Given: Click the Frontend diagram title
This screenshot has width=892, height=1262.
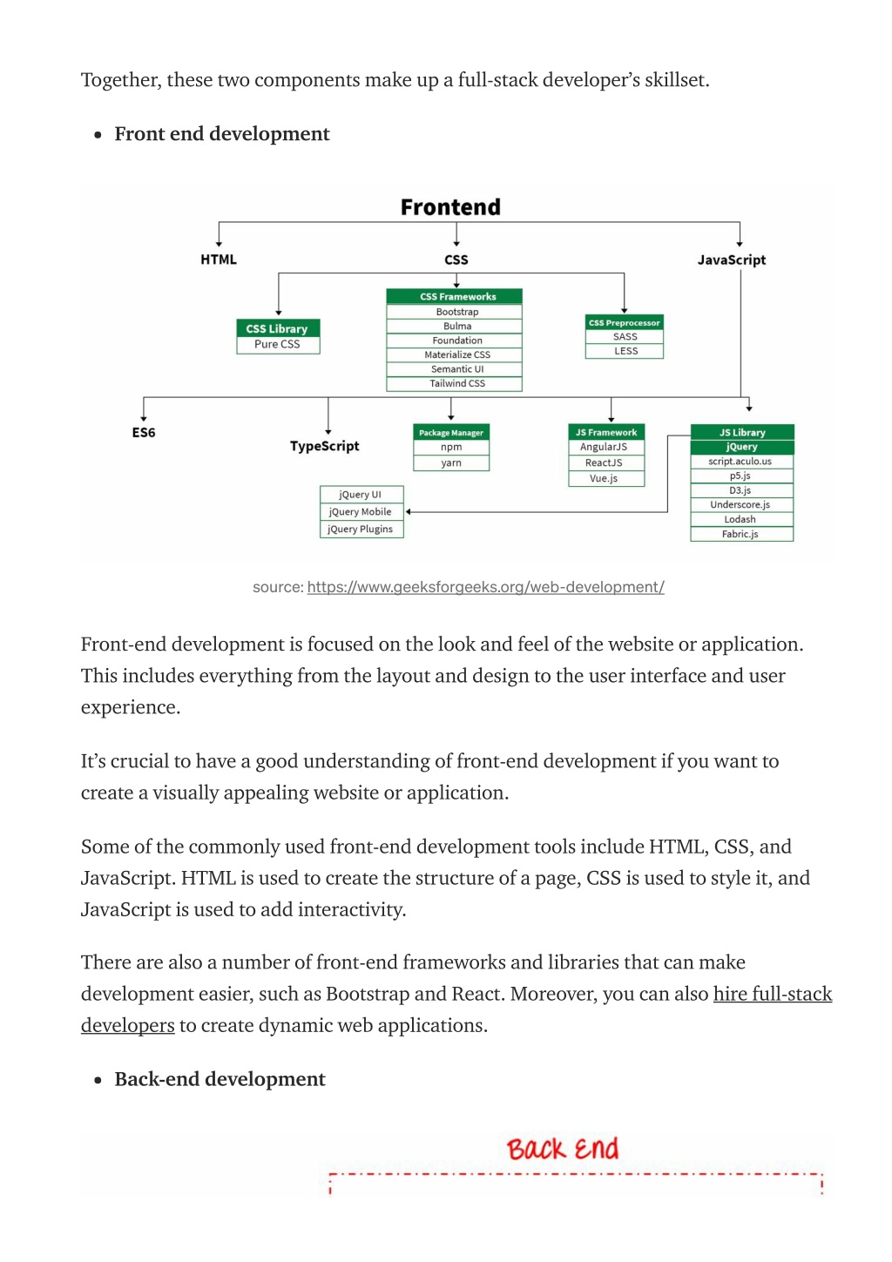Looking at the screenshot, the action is (x=450, y=206).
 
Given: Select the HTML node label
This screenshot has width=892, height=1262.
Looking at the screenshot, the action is (x=219, y=260).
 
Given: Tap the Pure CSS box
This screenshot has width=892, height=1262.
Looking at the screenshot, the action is (x=278, y=344).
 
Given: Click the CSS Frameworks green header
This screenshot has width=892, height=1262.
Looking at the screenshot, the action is (x=454, y=296).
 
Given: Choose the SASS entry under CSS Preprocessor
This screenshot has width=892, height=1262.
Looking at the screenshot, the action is (x=625, y=336).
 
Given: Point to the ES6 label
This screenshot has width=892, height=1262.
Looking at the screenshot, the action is (x=144, y=432).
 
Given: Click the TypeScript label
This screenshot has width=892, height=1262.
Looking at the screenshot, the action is (x=325, y=446).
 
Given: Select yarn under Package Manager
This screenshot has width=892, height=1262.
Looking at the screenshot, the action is (x=450, y=462).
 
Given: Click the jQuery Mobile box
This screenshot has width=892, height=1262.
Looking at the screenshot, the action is (x=362, y=511).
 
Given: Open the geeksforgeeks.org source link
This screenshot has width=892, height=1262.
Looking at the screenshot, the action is (x=486, y=587).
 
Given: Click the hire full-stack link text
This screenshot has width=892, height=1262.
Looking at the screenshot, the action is (x=773, y=993).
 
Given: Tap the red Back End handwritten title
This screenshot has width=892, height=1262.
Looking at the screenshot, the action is (x=563, y=1149).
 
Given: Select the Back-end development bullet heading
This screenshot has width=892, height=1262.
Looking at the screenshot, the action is (x=220, y=1079).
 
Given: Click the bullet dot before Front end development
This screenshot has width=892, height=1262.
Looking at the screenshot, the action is (x=98, y=135).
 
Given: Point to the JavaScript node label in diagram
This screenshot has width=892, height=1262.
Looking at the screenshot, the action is (x=732, y=260).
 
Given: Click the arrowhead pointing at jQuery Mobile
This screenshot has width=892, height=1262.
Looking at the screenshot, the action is (x=408, y=511).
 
